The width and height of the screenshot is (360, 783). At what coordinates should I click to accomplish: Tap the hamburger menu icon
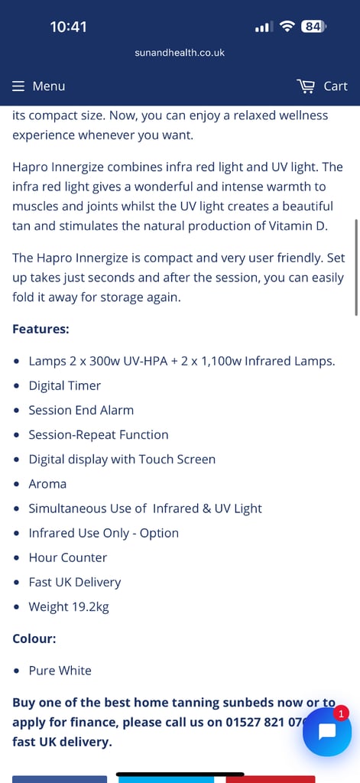pyautogui.click(x=18, y=86)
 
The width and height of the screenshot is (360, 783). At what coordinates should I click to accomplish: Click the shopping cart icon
pyautogui.click(x=306, y=86)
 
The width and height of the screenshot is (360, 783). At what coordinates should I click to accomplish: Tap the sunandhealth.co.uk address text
pyautogui.click(x=180, y=53)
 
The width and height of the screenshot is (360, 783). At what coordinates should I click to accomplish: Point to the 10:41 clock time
pyautogui.click(x=68, y=27)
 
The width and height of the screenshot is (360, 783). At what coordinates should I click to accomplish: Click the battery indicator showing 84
pyautogui.click(x=313, y=27)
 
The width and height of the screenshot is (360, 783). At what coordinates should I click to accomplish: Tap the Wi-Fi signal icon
pyautogui.click(x=287, y=27)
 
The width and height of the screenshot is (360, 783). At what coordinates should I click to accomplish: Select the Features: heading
pyautogui.click(x=41, y=329)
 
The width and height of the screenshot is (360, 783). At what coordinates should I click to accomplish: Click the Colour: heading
pyautogui.click(x=34, y=638)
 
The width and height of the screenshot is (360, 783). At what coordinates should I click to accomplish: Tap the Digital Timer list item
pyautogui.click(x=65, y=385)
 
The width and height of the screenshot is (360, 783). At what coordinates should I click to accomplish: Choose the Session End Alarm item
pyautogui.click(x=81, y=410)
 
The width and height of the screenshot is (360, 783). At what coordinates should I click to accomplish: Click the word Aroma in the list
pyautogui.click(x=47, y=484)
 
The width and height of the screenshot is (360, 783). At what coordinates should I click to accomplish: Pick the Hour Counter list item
pyautogui.click(x=68, y=557)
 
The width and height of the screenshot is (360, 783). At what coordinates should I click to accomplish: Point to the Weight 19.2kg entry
pyautogui.click(x=69, y=606)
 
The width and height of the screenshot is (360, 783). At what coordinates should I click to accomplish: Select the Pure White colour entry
pyautogui.click(x=60, y=670)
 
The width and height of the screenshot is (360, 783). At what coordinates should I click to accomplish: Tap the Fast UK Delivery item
pyautogui.click(x=75, y=582)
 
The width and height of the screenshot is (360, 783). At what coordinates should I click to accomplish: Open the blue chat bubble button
pyautogui.click(x=327, y=732)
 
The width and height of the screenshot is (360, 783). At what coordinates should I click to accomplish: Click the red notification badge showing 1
pyautogui.click(x=341, y=713)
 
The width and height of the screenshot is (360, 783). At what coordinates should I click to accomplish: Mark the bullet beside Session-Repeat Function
pyautogui.click(x=18, y=435)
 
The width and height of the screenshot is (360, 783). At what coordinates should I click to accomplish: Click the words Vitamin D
pyautogui.click(x=305, y=226)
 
